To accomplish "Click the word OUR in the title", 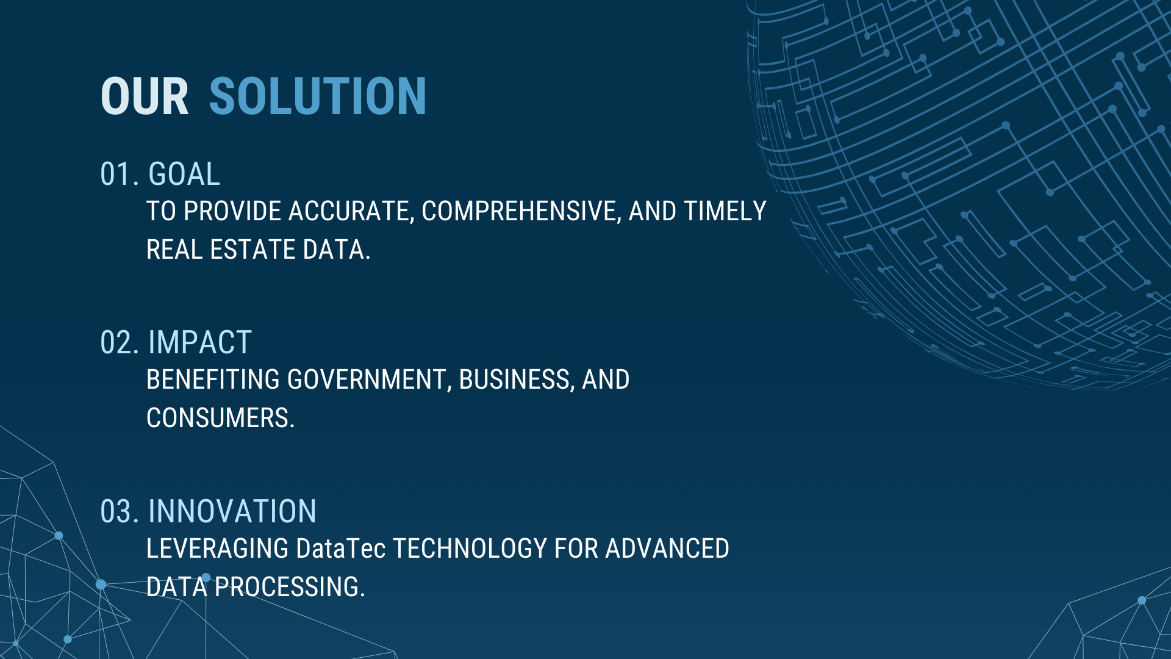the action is (145, 96).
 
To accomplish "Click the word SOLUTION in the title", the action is (318, 96).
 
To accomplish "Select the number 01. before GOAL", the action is (120, 175).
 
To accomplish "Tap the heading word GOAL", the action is (184, 175).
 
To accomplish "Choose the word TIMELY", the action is (725, 211).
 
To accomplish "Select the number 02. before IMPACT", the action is (120, 343).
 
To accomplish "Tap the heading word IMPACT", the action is (200, 343).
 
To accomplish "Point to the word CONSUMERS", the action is (220, 419).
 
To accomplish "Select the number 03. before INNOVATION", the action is (120, 512).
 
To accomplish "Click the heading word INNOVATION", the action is (232, 512).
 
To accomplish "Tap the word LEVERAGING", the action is (217, 549).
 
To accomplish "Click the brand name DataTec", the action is (340, 549).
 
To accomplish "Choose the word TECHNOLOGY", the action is (470, 549).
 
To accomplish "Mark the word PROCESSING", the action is (290, 588).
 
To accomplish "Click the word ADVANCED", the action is (667, 549).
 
